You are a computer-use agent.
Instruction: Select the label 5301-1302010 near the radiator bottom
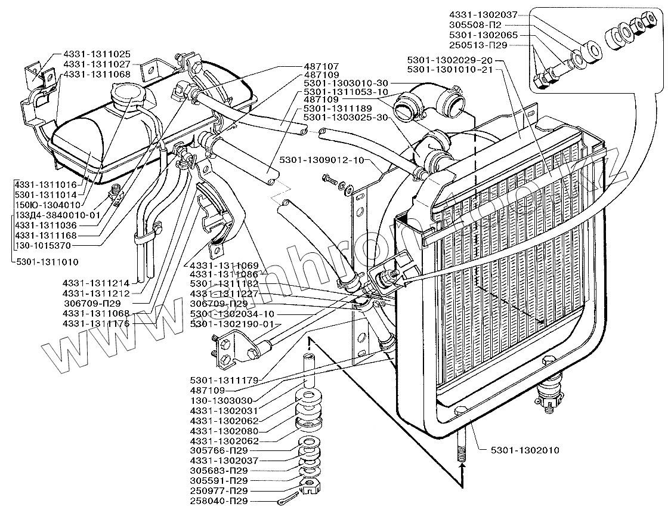click(x=525, y=450)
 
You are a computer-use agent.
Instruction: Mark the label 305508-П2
click(x=475, y=25)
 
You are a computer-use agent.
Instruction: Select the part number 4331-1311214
click(x=95, y=283)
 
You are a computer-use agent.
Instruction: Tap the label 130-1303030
click(x=218, y=401)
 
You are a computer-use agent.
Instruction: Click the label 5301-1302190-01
click(x=234, y=323)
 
